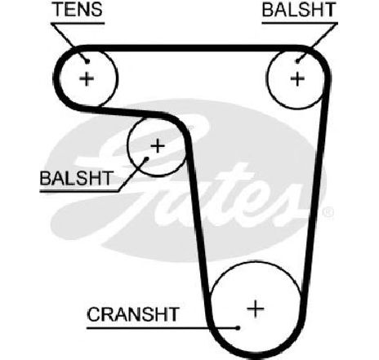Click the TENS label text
[x=78, y=9]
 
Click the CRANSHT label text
[x=133, y=314]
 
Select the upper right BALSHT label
[x=299, y=10]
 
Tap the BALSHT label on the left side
[x=76, y=178]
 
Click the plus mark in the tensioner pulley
[x=87, y=79]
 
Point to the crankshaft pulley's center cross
[x=256, y=309]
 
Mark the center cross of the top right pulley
[x=297, y=78]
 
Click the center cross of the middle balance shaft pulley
[x=158, y=146]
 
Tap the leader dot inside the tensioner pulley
[x=87, y=62]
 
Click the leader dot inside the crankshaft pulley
[x=238, y=328]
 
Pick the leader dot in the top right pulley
[x=298, y=61]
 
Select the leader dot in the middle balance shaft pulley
[x=146, y=158]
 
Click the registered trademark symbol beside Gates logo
[x=328, y=212]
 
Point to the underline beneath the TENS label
[x=78, y=24]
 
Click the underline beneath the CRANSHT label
[x=163, y=328]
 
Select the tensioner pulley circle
[x=117, y=79]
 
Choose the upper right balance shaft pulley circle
[x=267, y=79]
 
